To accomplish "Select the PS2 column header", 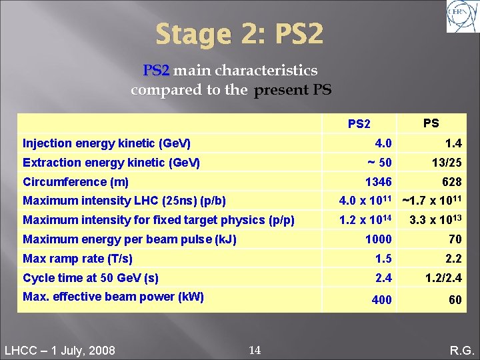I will (x=359, y=124).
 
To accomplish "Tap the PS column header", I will (x=431, y=123).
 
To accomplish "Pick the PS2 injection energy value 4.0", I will (x=383, y=143).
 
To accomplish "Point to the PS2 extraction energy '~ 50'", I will (x=380, y=163).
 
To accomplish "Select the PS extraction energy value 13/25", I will (x=447, y=163).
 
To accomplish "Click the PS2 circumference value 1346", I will (x=378, y=182).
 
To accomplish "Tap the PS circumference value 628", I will (x=451, y=182).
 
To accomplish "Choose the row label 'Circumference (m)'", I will (x=75, y=182).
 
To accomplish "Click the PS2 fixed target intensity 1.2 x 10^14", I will (x=365, y=220).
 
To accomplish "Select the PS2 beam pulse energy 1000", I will (x=379, y=239).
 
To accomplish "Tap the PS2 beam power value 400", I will (x=381, y=300).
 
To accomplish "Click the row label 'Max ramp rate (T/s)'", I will (x=77, y=259).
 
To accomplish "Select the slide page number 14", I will (x=254, y=350).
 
